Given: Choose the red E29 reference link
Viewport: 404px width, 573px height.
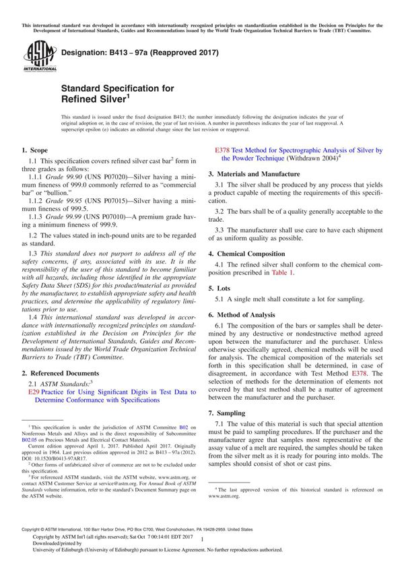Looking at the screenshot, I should [x=34, y=392].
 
